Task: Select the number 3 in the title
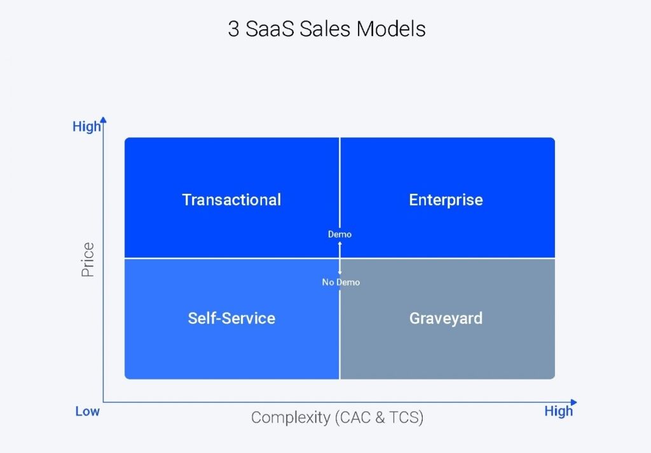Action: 233,29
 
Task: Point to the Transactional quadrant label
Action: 231,199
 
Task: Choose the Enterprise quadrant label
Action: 446,199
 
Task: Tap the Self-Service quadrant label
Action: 231,318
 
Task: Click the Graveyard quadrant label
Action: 446,318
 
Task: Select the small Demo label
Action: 339,234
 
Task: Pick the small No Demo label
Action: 341,282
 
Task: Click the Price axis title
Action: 88,259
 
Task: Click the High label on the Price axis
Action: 86,126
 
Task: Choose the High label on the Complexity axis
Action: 558,411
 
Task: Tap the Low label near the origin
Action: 88,411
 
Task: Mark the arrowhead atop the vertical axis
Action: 104,119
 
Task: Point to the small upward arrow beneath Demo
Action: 339,244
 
